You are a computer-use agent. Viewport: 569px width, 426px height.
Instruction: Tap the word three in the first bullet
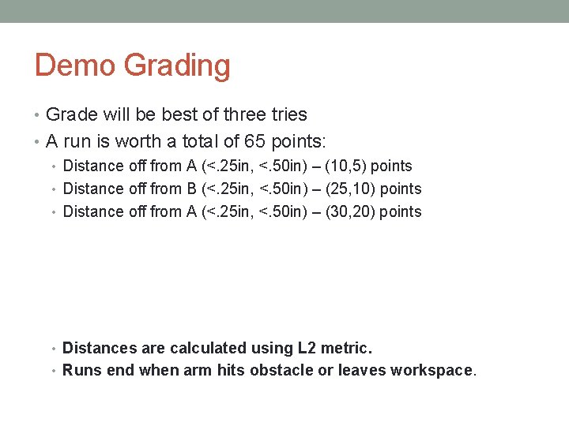[247, 114]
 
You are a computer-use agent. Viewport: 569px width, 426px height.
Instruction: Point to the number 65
[257, 142]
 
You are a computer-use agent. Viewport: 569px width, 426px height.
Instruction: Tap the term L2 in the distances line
[307, 348]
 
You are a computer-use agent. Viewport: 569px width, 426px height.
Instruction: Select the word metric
[346, 348]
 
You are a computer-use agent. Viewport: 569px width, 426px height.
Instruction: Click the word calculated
[209, 348]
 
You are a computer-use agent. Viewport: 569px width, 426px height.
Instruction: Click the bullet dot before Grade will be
[39, 115]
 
